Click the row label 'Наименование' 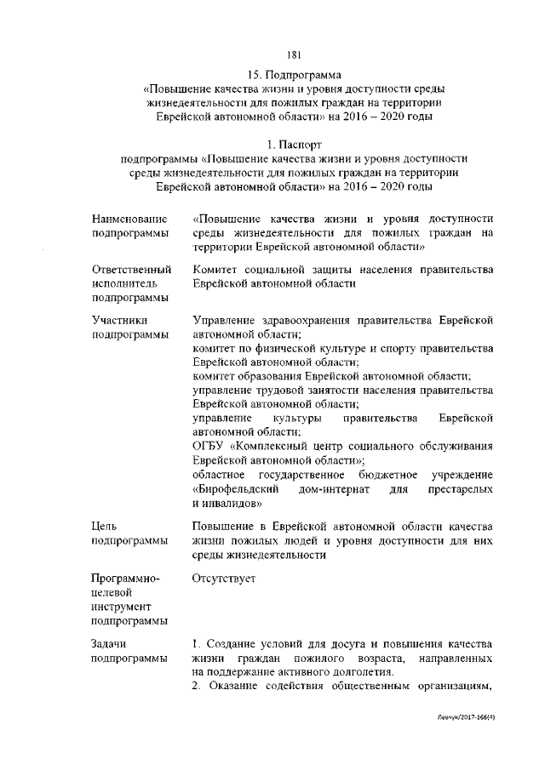pos(129,220)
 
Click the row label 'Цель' pos(106,526)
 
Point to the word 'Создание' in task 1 pos(232,645)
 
